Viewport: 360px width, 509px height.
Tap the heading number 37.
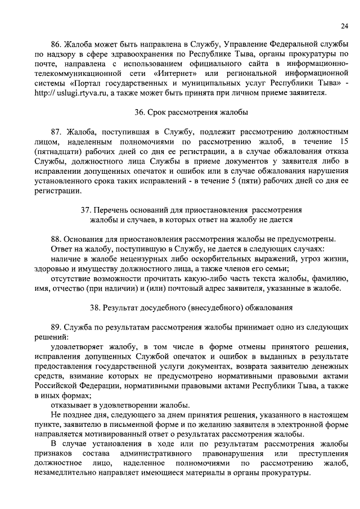[x=87, y=209]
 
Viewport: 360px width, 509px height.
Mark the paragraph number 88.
[x=56, y=238]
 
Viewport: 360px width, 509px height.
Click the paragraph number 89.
[x=56, y=328]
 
